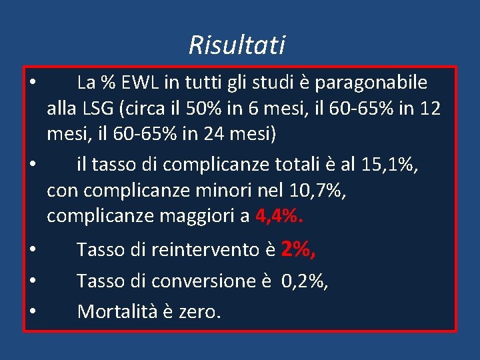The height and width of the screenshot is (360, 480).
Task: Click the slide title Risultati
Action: click(237, 45)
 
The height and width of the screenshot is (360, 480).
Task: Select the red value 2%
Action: click(298, 249)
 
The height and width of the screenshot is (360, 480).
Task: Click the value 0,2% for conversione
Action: click(305, 281)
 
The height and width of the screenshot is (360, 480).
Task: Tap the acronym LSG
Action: click(98, 108)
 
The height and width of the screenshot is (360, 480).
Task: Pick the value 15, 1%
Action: click(389, 164)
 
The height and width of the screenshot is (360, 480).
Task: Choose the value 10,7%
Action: click(318, 191)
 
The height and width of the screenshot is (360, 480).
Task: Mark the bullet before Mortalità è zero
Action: click(32, 311)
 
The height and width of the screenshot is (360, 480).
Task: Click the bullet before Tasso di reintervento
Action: click(32, 249)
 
